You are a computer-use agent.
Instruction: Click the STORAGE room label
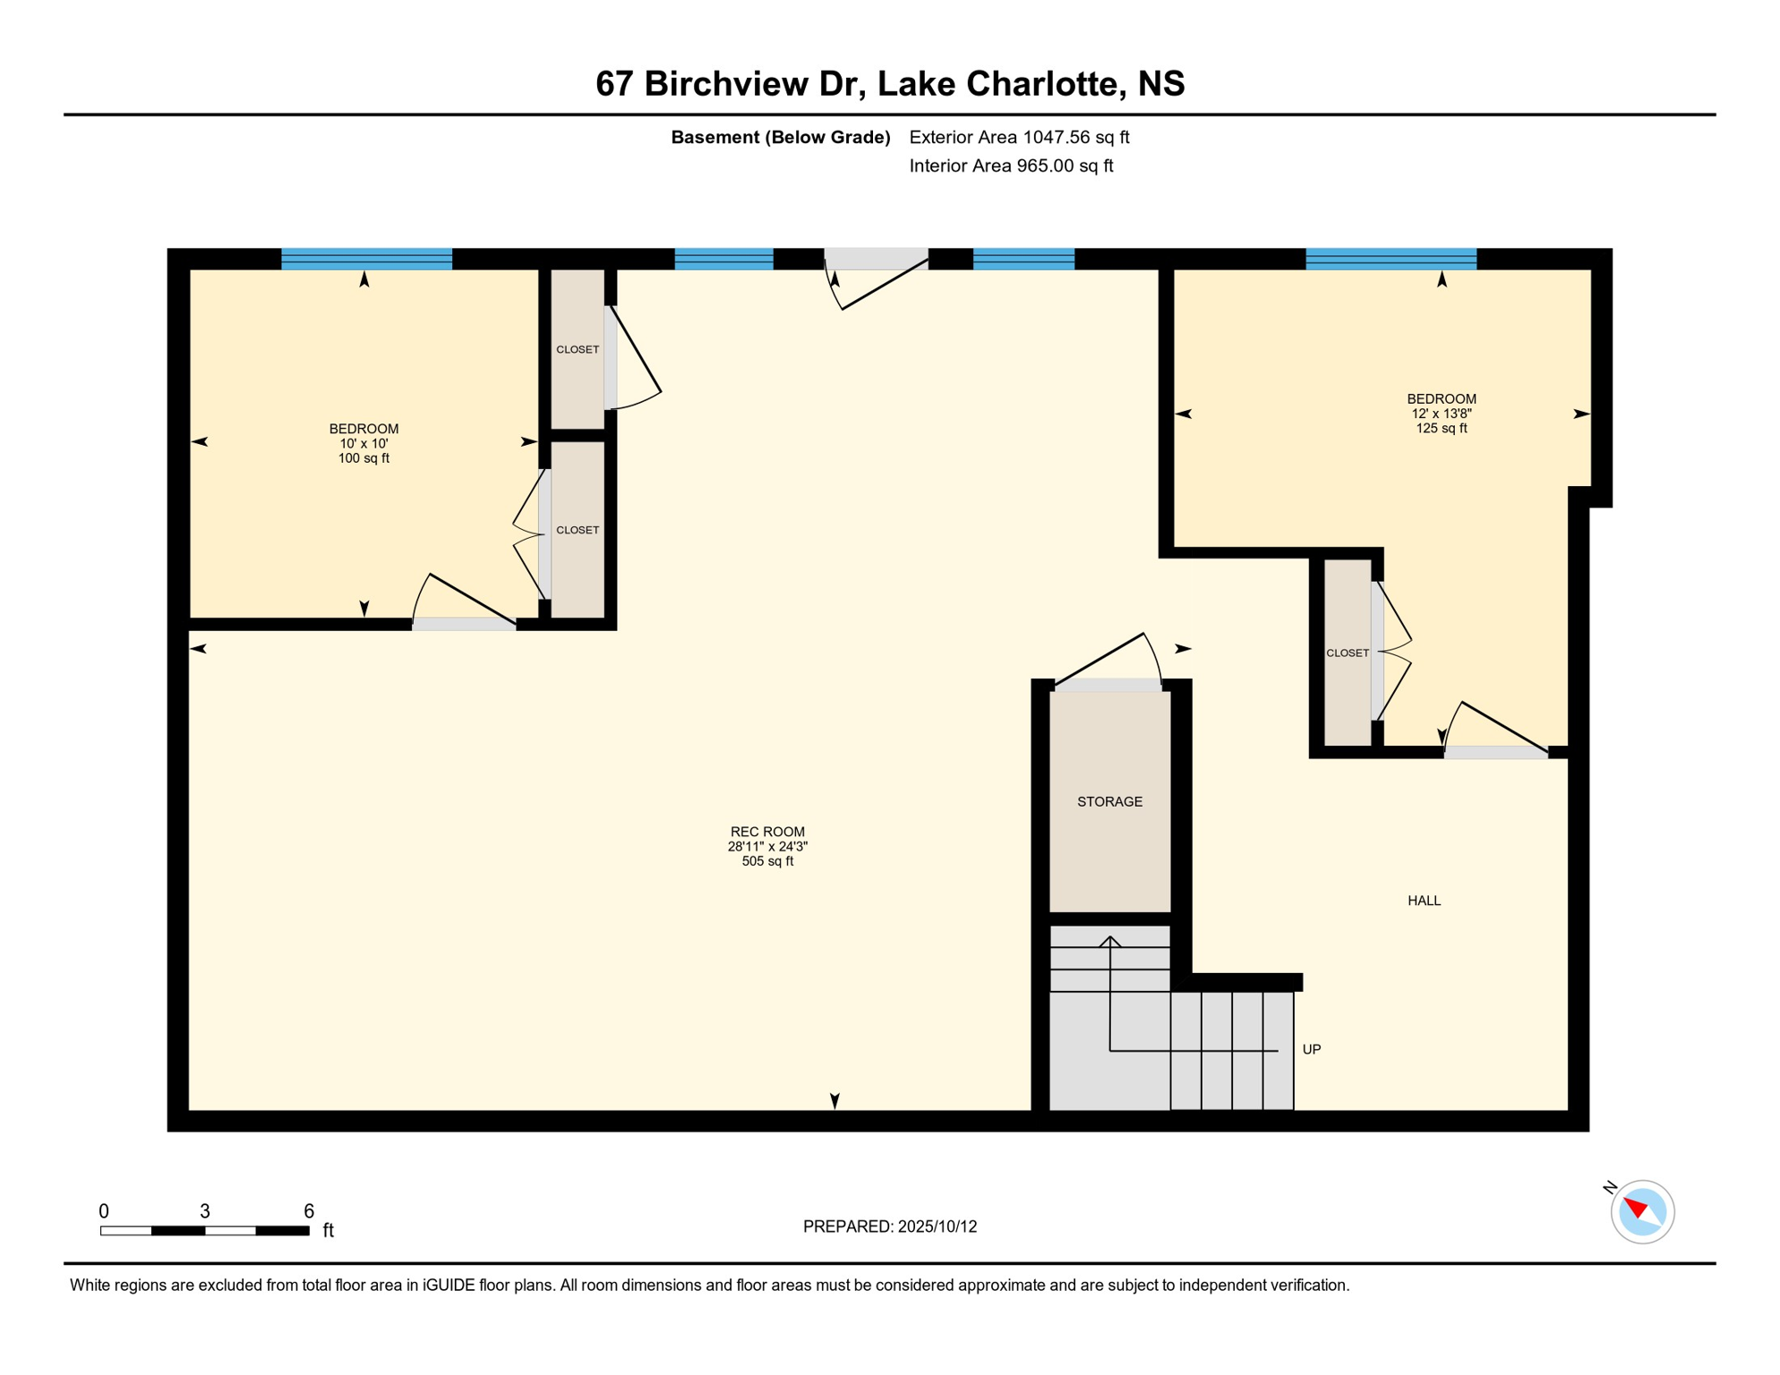pyautogui.click(x=1109, y=802)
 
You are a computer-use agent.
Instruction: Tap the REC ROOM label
pyautogui.click(x=767, y=832)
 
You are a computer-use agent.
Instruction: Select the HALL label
pyautogui.click(x=1424, y=901)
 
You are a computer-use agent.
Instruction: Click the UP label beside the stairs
pyautogui.click(x=1311, y=1049)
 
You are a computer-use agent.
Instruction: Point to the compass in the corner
pyautogui.click(x=1642, y=1211)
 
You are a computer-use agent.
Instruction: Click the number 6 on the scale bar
pyautogui.click(x=309, y=1211)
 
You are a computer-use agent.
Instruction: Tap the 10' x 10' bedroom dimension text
pyautogui.click(x=364, y=443)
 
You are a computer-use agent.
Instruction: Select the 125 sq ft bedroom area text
pyautogui.click(x=1442, y=428)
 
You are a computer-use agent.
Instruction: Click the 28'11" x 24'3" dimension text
pyautogui.click(x=767, y=846)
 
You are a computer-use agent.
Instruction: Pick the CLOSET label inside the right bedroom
pyautogui.click(x=1348, y=653)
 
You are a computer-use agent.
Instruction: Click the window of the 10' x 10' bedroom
pyautogui.click(x=366, y=259)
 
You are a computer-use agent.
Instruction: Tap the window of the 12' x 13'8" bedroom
pyautogui.click(x=1391, y=259)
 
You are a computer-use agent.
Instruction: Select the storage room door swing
pyautogui.click(x=1108, y=660)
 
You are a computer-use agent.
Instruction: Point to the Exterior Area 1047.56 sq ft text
pyautogui.click(x=1019, y=137)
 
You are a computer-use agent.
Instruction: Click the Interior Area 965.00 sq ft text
pyautogui.click(x=1011, y=166)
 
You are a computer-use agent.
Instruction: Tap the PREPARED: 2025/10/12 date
pyautogui.click(x=890, y=1226)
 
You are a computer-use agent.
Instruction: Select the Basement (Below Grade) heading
pyautogui.click(x=781, y=137)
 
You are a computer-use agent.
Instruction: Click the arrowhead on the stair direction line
pyautogui.click(x=1110, y=941)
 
